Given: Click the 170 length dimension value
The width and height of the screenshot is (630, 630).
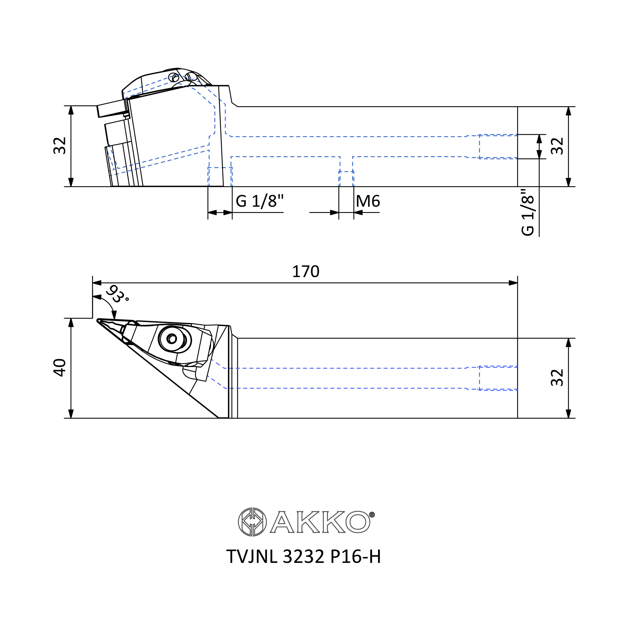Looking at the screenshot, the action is [x=306, y=272].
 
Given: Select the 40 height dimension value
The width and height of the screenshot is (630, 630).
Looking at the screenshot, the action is [x=60, y=368].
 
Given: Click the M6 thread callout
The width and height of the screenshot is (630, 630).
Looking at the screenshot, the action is [x=368, y=201].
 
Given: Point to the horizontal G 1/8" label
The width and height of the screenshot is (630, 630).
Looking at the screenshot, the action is [x=260, y=201].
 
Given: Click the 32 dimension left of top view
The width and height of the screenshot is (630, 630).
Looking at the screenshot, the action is [x=60, y=146].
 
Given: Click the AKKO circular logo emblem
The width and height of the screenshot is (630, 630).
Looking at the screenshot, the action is [x=252, y=522].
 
